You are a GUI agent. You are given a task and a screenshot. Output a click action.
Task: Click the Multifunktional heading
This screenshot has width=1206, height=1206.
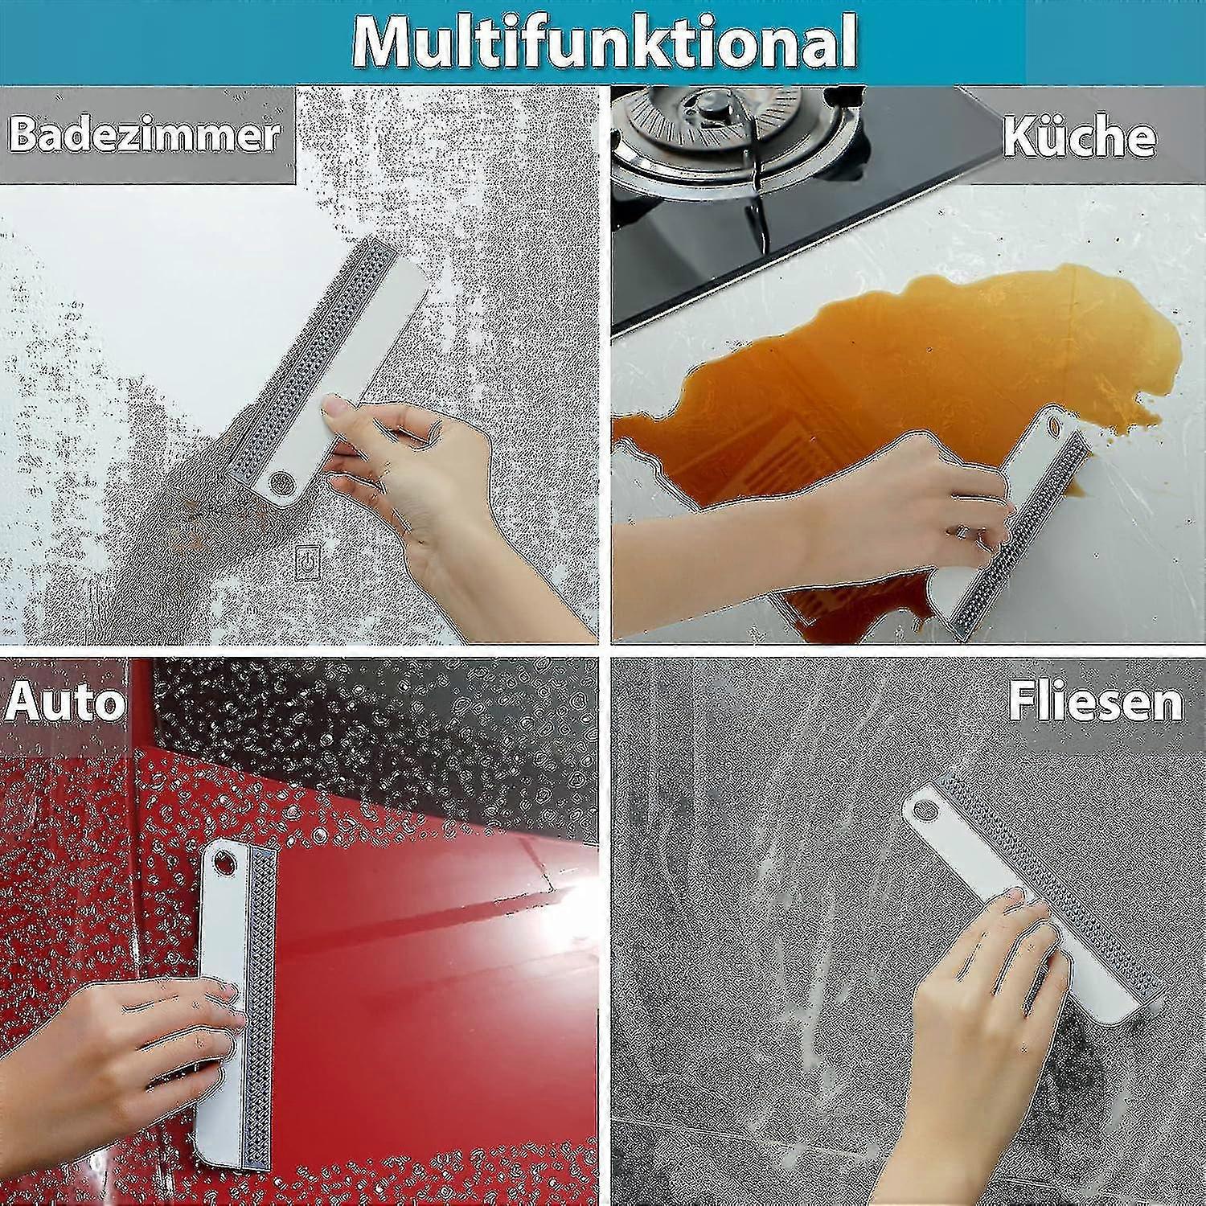tap(605, 41)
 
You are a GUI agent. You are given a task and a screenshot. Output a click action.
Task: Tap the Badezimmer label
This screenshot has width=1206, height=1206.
tap(145, 134)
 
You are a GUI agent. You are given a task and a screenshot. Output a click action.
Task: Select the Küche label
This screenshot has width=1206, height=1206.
tap(1080, 136)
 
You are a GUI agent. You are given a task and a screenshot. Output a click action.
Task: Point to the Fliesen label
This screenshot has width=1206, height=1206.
tap(1095, 701)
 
